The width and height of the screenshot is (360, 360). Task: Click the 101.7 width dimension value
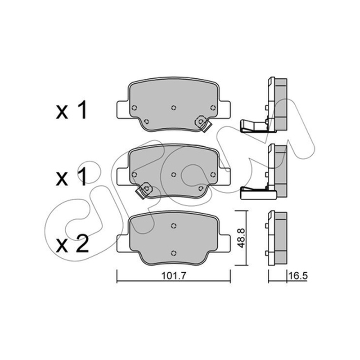coord(173,275)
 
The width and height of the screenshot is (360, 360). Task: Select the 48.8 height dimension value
coord(241,238)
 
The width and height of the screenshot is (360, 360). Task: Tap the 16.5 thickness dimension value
coord(298,275)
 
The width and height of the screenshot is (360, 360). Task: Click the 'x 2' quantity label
coord(72,245)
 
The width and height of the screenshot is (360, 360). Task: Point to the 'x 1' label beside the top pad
coord(72,110)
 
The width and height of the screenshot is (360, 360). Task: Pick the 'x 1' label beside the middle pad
coord(72,177)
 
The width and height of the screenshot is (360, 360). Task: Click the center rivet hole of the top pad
coord(174,108)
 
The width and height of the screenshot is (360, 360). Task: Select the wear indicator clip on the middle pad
coord(144,190)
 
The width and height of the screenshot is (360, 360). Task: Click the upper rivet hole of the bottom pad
coord(174,226)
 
